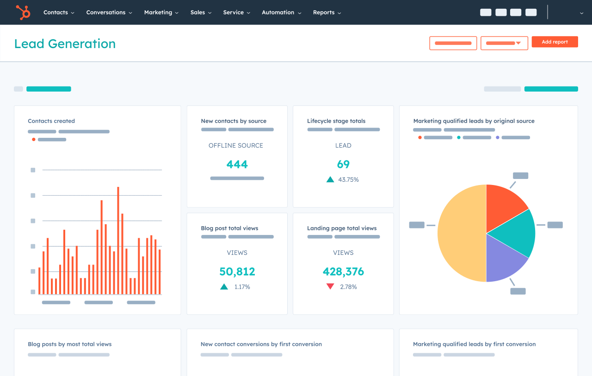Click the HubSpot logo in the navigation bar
(23, 12)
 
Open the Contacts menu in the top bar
(58, 12)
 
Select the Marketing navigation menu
(161, 12)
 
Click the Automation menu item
(281, 12)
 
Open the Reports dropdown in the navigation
(327, 12)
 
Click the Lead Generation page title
(65, 44)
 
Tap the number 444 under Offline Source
(237, 164)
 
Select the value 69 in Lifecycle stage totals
(343, 164)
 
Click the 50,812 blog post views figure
(237, 271)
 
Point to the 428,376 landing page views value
(343, 271)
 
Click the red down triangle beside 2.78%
(330, 287)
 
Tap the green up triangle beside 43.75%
(330, 179)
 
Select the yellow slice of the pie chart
(460, 234)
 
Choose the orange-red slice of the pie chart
(504, 203)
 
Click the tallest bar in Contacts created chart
(118, 240)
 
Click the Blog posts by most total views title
(69, 344)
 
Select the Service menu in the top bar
(236, 12)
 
